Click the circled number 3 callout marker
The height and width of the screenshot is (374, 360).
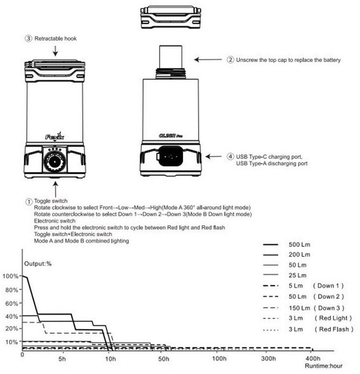pyautogui.click(x=28, y=38)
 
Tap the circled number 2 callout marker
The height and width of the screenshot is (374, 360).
pyautogui.click(x=230, y=60)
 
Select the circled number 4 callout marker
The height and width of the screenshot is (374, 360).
pyautogui.click(x=230, y=156)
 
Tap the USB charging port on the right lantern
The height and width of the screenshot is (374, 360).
pyautogui.click(x=170, y=158)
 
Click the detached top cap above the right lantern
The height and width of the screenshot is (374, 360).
pyautogui.click(x=170, y=18)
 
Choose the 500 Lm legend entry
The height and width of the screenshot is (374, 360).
pyautogui.click(x=299, y=245)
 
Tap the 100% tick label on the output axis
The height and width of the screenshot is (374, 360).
pyautogui.click(x=10, y=276)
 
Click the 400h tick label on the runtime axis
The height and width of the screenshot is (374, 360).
pyautogui.click(x=312, y=358)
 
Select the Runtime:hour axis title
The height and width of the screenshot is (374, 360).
pyautogui.click(x=323, y=367)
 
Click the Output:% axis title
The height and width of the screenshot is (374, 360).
pyautogui.click(x=38, y=264)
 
